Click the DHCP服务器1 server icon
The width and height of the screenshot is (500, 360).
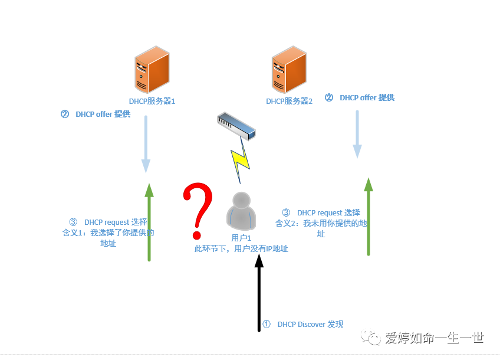point(152,71)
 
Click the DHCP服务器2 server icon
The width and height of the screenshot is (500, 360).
point(288,71)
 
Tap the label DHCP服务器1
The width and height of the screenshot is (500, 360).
point(152,102)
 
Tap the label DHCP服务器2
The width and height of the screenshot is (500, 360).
point(289,102)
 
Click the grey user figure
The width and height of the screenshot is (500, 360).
point(241,211)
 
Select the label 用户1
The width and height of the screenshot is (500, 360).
point(241,238)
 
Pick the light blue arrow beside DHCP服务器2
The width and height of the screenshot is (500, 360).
point(357,134)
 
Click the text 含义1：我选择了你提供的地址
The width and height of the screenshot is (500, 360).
point(108,233)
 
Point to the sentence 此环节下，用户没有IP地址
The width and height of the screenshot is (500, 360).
point(241,249)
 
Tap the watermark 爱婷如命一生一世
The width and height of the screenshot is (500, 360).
point(434,338)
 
